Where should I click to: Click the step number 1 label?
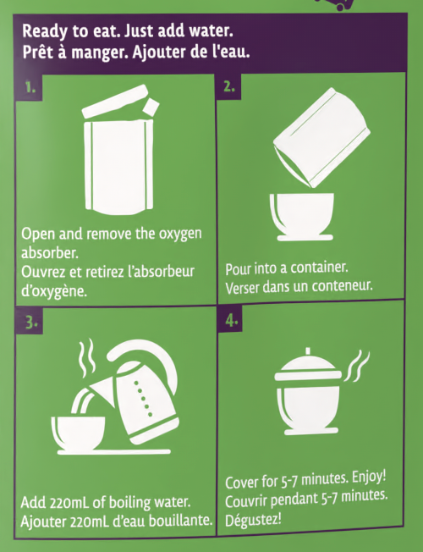click(x=30, y=87)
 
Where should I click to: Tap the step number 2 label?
click(x=229, y=86)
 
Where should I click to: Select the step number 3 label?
click(x=31, y=322)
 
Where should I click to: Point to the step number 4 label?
click(x=232, y=320)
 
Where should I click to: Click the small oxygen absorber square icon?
click(x=151, y=107)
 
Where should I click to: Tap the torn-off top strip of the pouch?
click(x=115, y=101)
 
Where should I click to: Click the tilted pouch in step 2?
click(x=321, y=137)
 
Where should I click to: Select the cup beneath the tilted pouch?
click(x=302, y=217)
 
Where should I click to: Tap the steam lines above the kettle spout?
click(x=86, y=358)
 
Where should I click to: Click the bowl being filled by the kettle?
click(x=78, y=433)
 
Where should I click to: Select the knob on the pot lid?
click(x=308, y=351)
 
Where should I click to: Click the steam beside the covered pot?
click(x=357, y=366)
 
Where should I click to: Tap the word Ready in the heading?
click(x=45, y=31)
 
